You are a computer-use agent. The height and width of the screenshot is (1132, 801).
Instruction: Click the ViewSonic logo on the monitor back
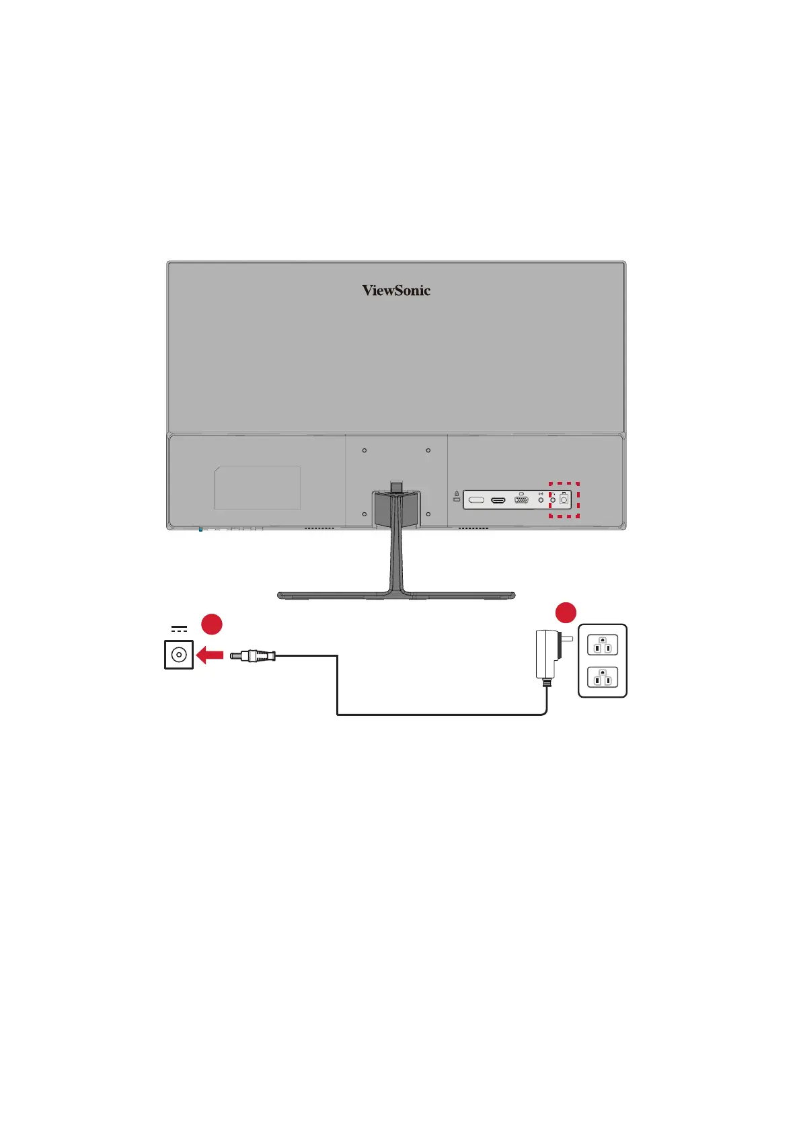(x=396, y=290)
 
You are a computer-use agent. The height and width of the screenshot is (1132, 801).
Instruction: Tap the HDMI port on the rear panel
(x=498, y=501)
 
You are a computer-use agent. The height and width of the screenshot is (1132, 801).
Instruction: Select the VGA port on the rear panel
(x=521, y=501)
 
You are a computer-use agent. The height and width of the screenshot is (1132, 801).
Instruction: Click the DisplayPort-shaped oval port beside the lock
(x=476, y=501)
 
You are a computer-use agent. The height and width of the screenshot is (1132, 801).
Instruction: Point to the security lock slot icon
(x=457, y=496)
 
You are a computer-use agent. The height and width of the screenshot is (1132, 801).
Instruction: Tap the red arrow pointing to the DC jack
(x=210, y=655)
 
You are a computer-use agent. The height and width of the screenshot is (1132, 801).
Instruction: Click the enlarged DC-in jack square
(x=179, y=655)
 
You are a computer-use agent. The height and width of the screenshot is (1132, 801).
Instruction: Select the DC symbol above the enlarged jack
(x=179, y=629)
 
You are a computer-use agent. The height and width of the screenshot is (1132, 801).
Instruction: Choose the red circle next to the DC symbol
(x=212, y=624)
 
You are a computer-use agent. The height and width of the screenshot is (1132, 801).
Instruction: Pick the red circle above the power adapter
(x=566, y=612)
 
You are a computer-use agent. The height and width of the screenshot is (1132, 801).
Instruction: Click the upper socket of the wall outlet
(x=602, y=645)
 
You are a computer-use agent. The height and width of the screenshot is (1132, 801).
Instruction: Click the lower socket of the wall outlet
(x=602, y=677)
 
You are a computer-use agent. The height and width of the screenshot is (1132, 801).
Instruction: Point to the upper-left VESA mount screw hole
(x=365, y=450)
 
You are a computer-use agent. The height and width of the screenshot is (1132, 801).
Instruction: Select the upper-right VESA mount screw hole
(x=428, y=450)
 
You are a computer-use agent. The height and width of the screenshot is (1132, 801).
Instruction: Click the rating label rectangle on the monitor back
(x=258, y=488)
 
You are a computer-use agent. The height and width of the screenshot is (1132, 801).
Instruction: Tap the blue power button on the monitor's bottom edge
(x=200, y=529)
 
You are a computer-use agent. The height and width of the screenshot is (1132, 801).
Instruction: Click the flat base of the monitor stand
(x=396, y=596)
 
